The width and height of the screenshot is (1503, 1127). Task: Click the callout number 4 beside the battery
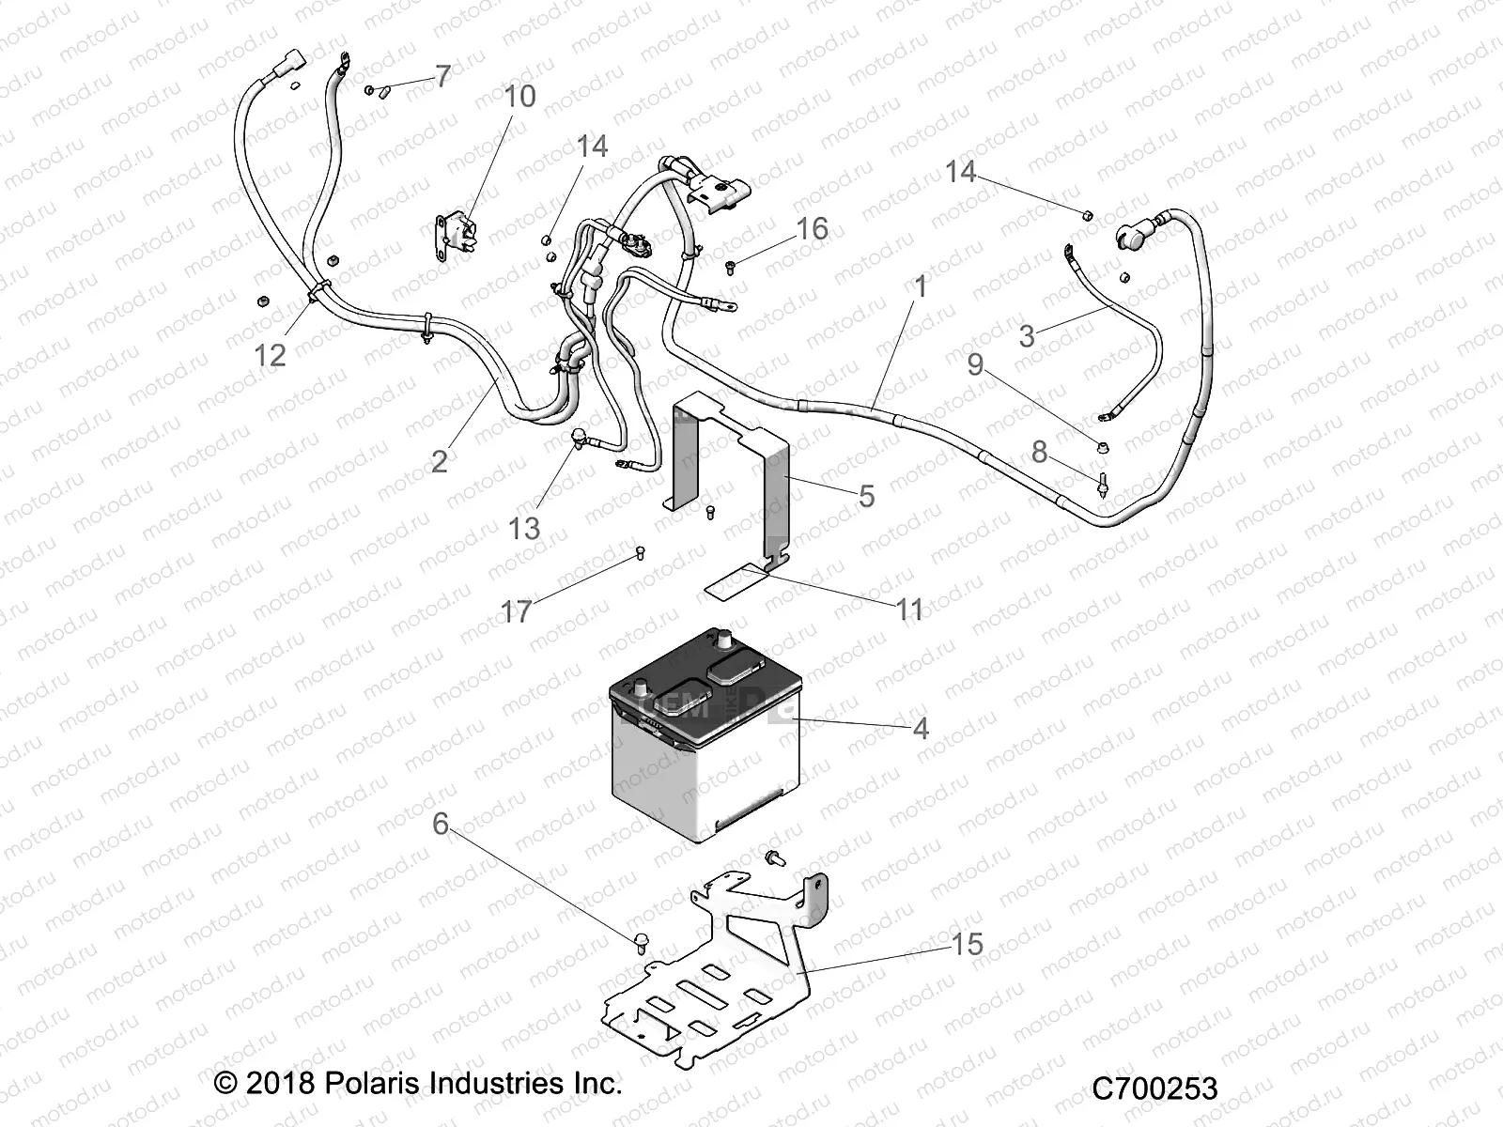point(920,728)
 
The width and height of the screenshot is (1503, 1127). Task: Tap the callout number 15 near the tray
point(967,944)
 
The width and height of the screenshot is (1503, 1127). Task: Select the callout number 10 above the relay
point(519,96)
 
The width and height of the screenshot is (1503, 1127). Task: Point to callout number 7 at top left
point(442,77)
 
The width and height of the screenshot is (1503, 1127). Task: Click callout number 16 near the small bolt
point(813,228)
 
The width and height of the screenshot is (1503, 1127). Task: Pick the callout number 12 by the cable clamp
point(271,355)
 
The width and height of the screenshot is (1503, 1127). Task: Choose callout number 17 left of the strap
point(516,612)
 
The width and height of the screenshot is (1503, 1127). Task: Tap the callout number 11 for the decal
point(909,610)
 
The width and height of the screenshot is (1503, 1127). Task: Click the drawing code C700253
point(1154,1088)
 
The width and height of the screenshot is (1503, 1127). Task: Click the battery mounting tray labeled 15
point(714,986)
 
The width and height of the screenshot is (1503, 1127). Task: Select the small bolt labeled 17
point(641,551)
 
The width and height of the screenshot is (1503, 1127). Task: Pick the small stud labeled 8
point(1103,485)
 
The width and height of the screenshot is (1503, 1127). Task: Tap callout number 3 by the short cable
point(1027,336)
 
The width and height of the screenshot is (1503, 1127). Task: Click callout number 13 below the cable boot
point(524,528)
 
